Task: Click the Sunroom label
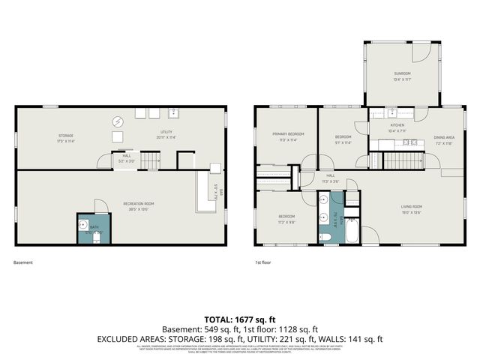(402, 73)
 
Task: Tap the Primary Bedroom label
(288, 133)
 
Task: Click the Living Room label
(412, 206)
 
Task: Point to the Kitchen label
(397, 125)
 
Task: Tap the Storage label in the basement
(66, 136)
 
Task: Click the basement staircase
(151, 159)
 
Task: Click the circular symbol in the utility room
(118, 121)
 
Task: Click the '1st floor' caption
(262, 263)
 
